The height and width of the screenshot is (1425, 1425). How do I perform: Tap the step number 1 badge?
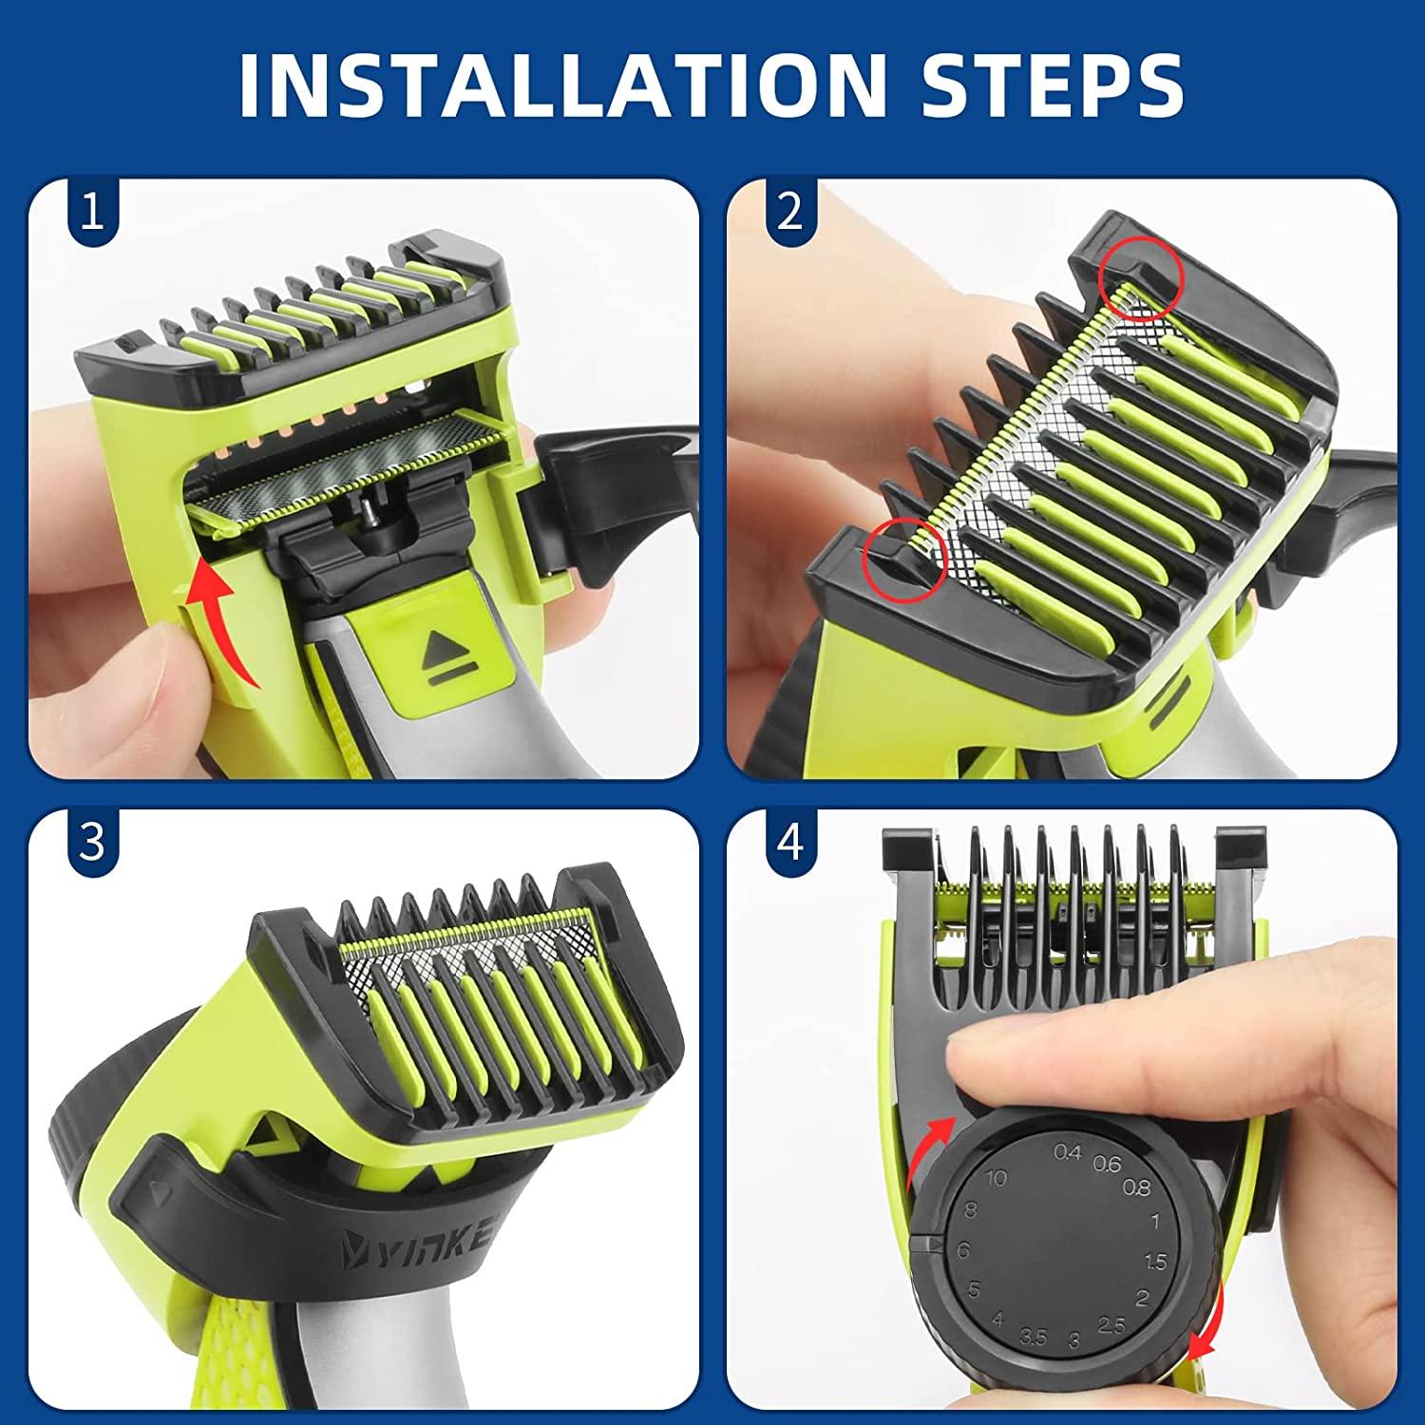click(x=92, y=213)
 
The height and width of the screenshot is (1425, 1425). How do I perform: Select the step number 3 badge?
click(x=92, y=842)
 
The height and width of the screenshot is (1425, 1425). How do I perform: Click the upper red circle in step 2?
click(x=1138, y=275)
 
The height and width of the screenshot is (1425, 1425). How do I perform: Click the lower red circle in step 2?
click(x=904, y=560)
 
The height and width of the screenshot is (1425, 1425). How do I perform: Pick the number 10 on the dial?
click(x=995, y=1178)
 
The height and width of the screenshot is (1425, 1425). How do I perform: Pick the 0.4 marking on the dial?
click(x=1068, y=1152)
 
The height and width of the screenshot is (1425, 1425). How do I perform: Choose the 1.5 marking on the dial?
click(x=1155, y=1262)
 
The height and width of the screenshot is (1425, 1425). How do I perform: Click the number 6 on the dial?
click(x=963, y=1250)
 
